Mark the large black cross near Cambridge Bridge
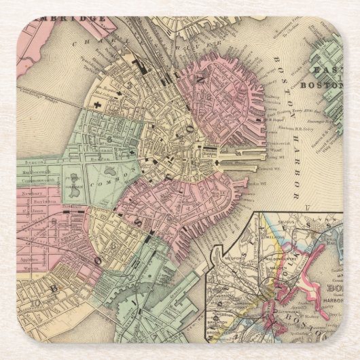click(98, 106)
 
